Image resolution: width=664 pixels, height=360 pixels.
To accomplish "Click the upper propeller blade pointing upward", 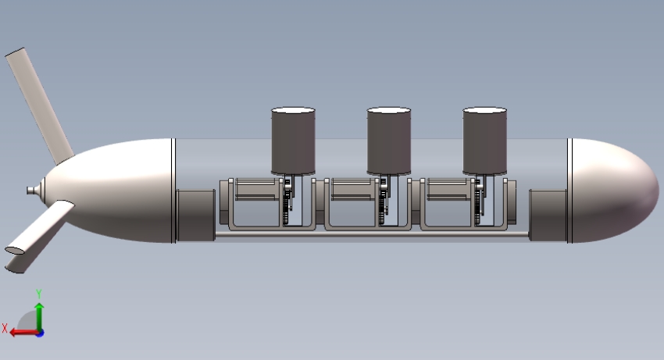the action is point(39,106).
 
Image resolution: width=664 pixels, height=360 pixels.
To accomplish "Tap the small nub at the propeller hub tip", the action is point(31,191).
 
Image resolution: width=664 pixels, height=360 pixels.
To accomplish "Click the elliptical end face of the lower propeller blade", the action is point(15,250).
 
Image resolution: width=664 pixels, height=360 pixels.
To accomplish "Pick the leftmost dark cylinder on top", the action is point(293,141).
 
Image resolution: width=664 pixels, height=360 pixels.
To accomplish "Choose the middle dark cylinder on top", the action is point(389,141).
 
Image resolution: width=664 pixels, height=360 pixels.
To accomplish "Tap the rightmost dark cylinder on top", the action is point(485,141).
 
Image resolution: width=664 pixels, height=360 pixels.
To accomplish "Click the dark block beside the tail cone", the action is point(195,216).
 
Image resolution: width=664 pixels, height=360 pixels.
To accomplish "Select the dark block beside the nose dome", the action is point(548,216).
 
